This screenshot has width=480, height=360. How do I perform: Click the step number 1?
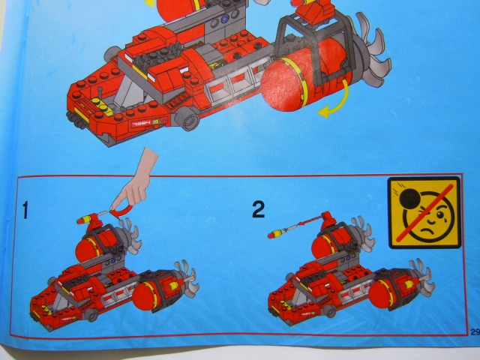25,211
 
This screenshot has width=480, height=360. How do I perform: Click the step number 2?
258,209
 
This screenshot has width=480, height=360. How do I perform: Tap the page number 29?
475,332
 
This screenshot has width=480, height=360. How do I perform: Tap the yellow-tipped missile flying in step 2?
275,234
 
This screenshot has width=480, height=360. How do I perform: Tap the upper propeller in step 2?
361,229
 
